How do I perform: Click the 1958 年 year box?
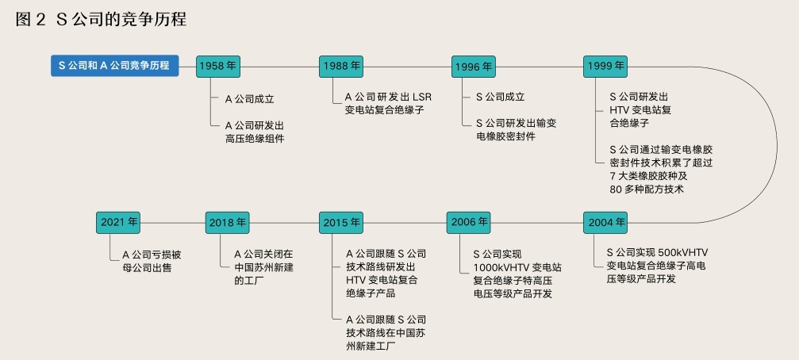pyautogui.click(x=217, y=66)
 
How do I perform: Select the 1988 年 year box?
pyautogui.click(x=342, y=66)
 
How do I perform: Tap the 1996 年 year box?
pyautogui.click(x=473, y=67)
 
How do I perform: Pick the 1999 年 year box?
pyautogui.click(x=605, y=66)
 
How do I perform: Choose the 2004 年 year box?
pyautogui.click(x=605, y=222)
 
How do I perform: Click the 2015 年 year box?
pyautogui.click(x=342, y=223)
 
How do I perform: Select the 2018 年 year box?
pyautogui.click(x=228, y=223)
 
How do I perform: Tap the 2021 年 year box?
pyautogui.click(x=120, y=223)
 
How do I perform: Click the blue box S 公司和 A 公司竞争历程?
pyautogui.click(x=115, y=65)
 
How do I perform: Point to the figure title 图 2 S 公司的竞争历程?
pyautogui.click(x=101, y=20)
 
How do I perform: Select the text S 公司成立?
pyautogui.click(x=500, y=97)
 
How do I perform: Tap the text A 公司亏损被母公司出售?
pyautogui.click(x=152, y=261)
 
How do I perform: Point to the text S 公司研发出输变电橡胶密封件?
pyautogui.click(x=516, y=129)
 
